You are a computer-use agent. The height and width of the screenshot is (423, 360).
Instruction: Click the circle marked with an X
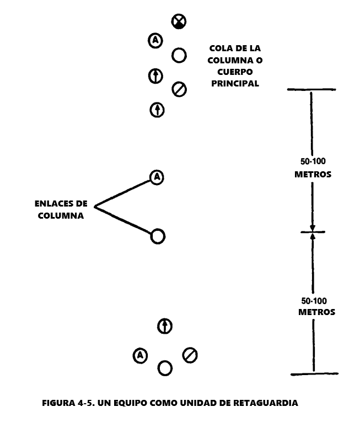[x=179, y=21]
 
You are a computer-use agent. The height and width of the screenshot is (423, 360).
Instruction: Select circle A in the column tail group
[x=155, y=41]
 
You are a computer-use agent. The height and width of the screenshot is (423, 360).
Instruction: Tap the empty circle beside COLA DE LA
[x=179, y=55]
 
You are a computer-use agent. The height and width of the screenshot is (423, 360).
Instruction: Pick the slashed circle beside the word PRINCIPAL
[x=179, y=89]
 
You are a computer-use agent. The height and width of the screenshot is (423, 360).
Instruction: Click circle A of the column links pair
[x=157, y=177]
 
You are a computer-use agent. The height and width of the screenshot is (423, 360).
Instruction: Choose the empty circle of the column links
[x=158, y=236]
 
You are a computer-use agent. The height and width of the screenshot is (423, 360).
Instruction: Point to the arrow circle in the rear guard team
[x=164, y=326]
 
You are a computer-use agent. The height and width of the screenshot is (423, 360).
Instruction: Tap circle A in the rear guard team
[x=141, y=356]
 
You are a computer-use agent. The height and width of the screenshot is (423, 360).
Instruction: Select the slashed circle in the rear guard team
[x=190, y=355]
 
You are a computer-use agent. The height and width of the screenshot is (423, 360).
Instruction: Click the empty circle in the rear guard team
[x=165, y=368]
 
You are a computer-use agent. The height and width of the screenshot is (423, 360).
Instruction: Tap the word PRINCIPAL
[x=235, y=84]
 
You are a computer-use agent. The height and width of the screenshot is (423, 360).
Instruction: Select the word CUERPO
[x=235, y=72]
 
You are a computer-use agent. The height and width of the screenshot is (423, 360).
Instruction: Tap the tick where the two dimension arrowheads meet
[x=313, y=232]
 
